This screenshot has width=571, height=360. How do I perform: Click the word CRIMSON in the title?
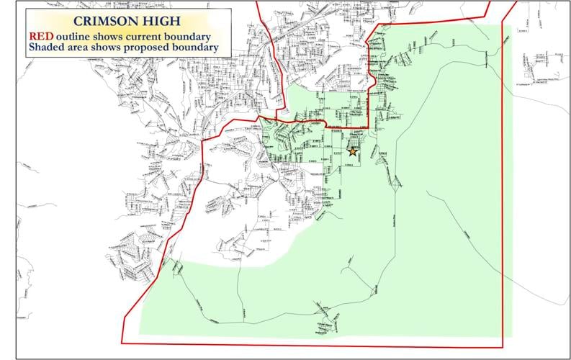pyautogui.click(x=95, y=21)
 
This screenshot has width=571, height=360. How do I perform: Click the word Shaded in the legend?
pyautogui.click(x=47, y=48)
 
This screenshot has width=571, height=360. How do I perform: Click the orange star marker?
pyautogui.click(x=353, y=151)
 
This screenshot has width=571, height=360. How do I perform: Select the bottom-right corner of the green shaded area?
pyautogui.click(x=511, y=336)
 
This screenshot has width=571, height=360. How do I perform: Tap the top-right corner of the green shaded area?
pyautogui.click(x=511, y=27)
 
